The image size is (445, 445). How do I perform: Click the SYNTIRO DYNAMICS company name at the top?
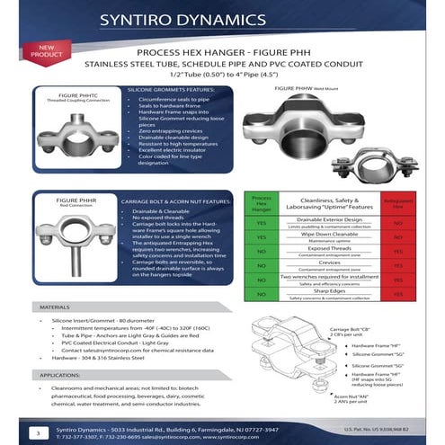click(x=235, y=19)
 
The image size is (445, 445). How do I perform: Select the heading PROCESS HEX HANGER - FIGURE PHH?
click(x=233, y=54)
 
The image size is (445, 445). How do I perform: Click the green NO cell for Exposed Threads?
click(x=260, y=254)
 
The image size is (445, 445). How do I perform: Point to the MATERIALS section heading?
click(x=56, y=306)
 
